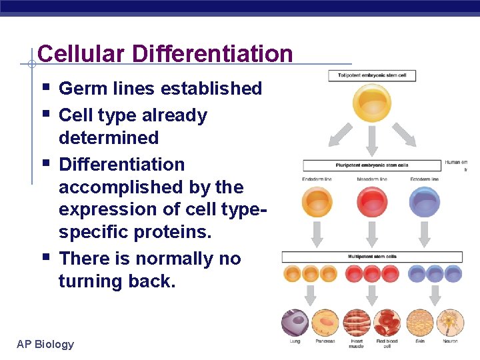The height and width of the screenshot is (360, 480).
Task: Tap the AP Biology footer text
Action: [x=45, y=344]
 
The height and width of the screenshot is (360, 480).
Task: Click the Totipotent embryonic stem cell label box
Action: [x=372, y=76]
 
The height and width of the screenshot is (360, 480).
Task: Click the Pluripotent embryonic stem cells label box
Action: [x=372, y=165]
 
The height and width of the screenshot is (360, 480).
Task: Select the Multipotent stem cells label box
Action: [x=372, y=257]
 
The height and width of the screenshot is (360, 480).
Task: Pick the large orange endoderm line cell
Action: [x=317, y=201]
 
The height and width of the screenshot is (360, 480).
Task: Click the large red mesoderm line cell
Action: [x=372, y=201]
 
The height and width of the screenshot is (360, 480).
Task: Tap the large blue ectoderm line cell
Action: [x=425, y=201]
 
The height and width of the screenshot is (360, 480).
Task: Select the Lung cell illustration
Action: [x=294, y=322]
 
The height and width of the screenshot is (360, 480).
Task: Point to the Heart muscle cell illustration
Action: [x=356, y=322]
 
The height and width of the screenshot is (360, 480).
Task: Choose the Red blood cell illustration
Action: [x=387, y=322]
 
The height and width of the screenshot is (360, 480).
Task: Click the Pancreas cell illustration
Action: [x=325, y=322]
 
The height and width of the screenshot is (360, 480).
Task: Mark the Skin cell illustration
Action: [x=419, y=322]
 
